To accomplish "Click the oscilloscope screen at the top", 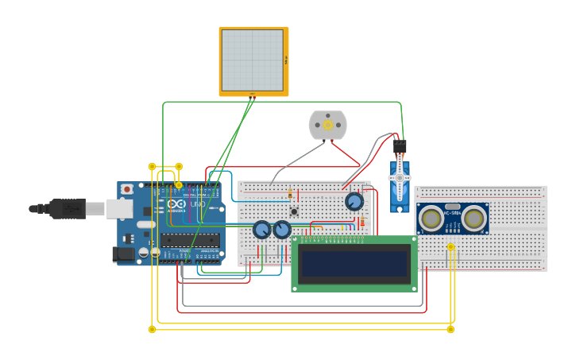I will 253,60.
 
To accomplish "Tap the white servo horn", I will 400,178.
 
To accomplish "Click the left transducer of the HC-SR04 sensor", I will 431,218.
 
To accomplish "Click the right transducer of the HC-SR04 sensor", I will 474,218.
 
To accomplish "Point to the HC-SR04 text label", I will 453,212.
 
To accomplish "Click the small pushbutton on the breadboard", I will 294,211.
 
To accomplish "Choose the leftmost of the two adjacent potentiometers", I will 261,230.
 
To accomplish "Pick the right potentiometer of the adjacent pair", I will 282,230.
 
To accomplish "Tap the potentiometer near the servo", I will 354,201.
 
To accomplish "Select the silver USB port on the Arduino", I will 119,208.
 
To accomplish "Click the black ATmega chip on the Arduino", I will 190,239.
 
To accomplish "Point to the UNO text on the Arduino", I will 198,204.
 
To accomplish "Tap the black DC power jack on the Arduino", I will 123,254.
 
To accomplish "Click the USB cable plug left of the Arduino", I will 68,208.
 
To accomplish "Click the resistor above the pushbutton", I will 290,193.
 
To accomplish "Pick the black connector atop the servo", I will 399,147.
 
